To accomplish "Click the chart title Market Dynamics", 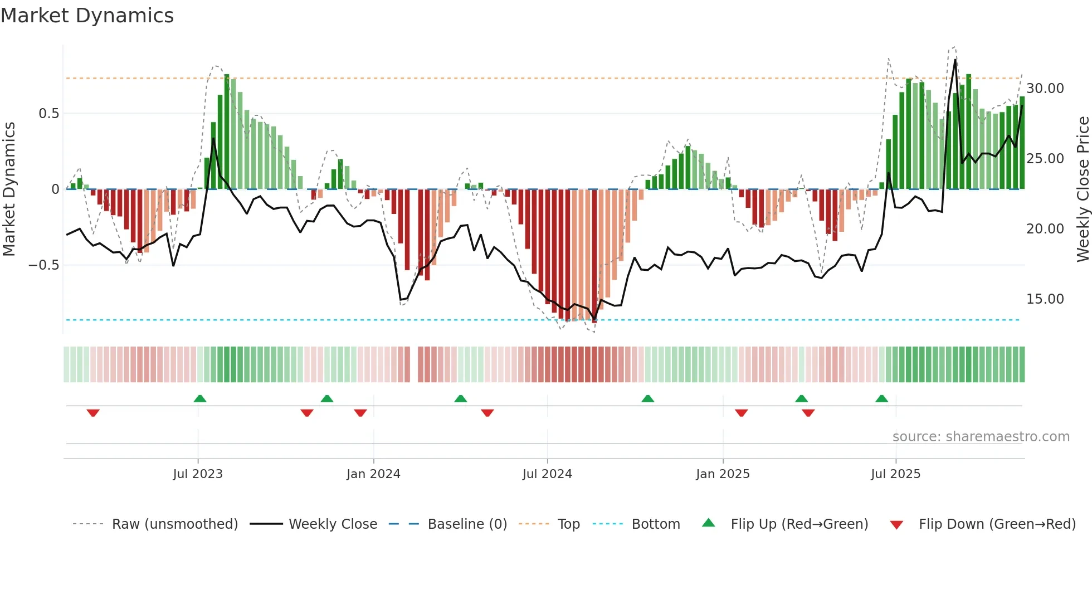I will click(x=87, y=16).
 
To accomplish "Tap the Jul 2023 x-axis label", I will click(x=198, y=474).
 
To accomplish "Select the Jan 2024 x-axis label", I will click(x=373, y=474).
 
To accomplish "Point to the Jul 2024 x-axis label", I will click(x=547, y=474).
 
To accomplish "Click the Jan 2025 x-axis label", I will click(x=723, y=474).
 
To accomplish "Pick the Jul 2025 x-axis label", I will click(x=896, y=474).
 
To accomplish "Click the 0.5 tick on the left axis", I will click(x=48, y=114).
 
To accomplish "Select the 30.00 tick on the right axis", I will click(x=1045, y=89).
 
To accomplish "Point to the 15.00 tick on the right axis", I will click(x=1045, y=299).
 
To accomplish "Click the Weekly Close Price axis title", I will click(x=1083, y=189).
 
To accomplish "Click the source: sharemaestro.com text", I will click(x=981, y=437).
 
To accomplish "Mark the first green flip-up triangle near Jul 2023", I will click(x=200, y=398).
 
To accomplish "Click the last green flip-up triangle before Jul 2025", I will click(x=881, y=398).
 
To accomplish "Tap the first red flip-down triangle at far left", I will click(x=93, y=413).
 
